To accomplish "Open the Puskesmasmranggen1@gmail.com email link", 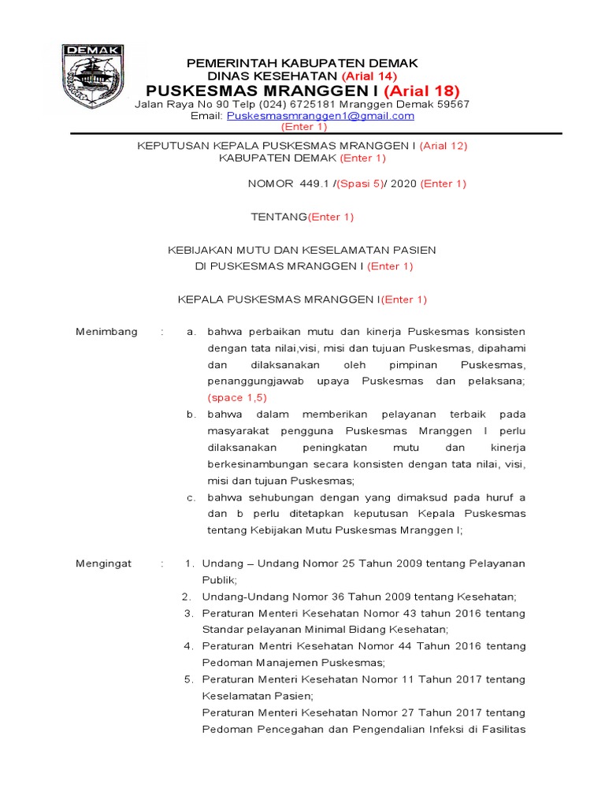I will pos(320,116).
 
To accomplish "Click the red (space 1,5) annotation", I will pos(237,398).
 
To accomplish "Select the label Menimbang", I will pos(106,332).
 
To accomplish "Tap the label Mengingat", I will pos(104,563).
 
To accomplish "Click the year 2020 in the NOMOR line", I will pos(403,184).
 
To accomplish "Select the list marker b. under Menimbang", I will pos(191,415).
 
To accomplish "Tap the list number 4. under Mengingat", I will pos(189,646).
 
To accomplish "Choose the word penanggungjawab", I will pos(254,381).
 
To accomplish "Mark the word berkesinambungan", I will pos(258,464).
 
